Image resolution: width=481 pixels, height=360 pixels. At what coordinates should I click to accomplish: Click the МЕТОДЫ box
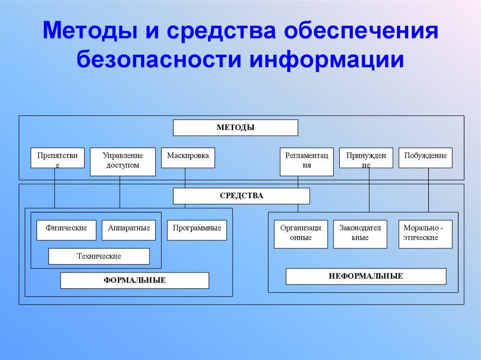pyautogui.click(x=235, y=128)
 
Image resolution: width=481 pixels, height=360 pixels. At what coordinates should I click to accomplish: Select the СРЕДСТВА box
pyautogui.click(x=241, y=196)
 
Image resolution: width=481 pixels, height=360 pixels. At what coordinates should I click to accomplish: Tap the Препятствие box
pyautogui.click(x=58, y=158)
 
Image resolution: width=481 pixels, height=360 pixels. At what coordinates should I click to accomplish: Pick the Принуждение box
pyautogui.click(x=366, y=158)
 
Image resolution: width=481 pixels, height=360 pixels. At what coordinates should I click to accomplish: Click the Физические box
pyautogui.click(x=66, y=230)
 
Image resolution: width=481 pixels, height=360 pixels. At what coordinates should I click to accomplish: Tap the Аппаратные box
pyautogui.click(x=129, y=230)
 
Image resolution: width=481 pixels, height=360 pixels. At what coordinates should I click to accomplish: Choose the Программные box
pyautogui.click(x=197, y=230)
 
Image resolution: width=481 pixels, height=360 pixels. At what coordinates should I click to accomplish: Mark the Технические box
pyautogui.click(x=99, y=256)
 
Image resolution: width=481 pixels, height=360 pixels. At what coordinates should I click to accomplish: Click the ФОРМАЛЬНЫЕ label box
pyautogui.click(x=135, y=280)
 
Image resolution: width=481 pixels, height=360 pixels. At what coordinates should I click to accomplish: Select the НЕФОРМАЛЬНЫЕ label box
pyautogui.click(x=366, y=276)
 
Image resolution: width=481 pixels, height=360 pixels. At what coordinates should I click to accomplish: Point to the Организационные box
pyautogui.click(x=301, y=234)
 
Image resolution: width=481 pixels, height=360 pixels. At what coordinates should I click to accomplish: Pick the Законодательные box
pyautogui.click(x=360, y=234)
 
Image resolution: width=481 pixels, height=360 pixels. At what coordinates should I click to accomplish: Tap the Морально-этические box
pyautogui.click(x=426, y=234)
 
